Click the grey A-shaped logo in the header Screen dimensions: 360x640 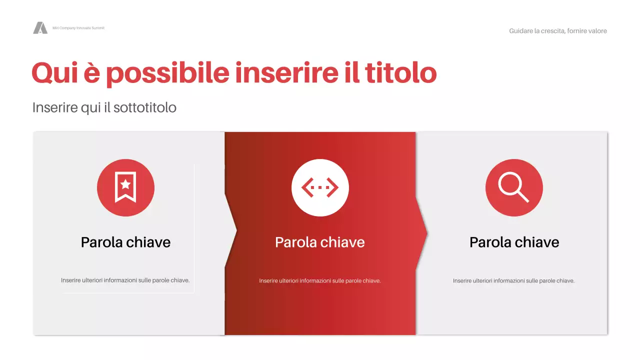click(x=40, y=28)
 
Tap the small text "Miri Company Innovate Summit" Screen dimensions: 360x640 click(x=78, y=28)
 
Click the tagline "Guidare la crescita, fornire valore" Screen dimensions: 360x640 click(x=558, y=31)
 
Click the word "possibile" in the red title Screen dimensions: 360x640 click(x=167, y=73)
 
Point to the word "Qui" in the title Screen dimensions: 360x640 click(x=51, y=73)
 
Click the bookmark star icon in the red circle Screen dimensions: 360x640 click(x=125, y=187)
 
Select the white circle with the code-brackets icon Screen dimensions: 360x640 click(x=320, y=187)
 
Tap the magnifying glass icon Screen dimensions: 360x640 click(x=513, y=187)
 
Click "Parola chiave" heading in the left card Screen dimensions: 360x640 click(x=125, y=242)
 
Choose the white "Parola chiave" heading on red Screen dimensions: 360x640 click(x=320, y=242)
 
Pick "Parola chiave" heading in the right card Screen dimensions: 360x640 click(x=514, y=242)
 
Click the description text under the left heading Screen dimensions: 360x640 click(x=125, y=280)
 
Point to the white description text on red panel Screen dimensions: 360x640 click(x=320, y=281)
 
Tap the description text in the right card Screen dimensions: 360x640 click(x=513, y=281)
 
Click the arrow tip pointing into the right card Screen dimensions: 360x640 click(x=425, y=232)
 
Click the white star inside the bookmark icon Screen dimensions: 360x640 click(x=125, y=184)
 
